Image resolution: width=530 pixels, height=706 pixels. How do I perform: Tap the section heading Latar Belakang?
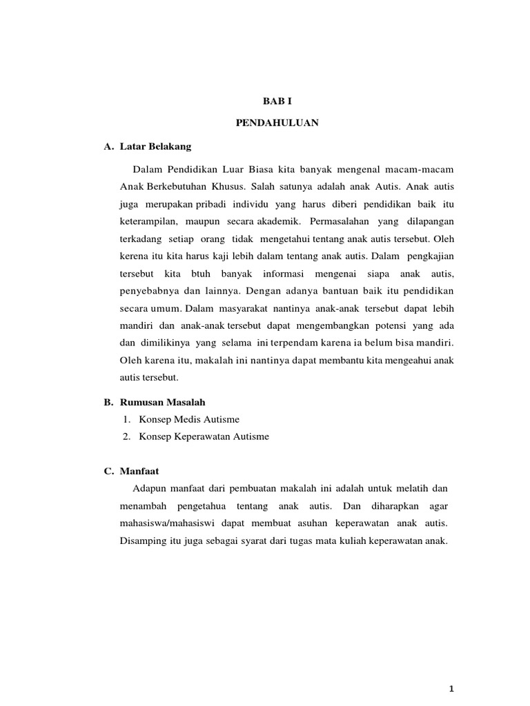(155, 147)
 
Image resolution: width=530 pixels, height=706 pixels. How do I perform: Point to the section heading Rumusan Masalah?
(162, 402)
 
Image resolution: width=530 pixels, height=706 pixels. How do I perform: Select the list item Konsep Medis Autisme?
(189, 419)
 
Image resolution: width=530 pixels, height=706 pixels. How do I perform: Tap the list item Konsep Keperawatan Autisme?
(204, 436)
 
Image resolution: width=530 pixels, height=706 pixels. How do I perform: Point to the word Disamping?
(146, 541)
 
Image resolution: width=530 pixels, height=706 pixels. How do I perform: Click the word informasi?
(284, 274)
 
